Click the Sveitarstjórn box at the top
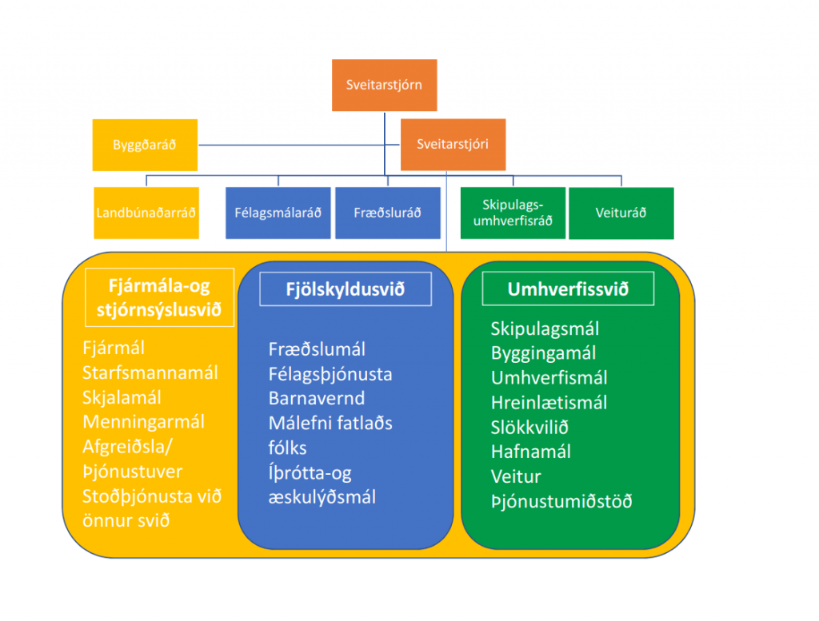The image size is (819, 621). (384, 85)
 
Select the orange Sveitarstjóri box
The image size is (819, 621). (452, 145)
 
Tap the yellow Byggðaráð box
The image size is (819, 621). (145, 145)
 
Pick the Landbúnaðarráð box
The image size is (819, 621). (146, 213)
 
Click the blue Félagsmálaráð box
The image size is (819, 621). (278, 213)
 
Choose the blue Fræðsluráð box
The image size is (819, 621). (387, 213)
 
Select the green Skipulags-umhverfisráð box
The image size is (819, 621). (513, 213)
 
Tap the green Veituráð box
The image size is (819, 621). (621, 213)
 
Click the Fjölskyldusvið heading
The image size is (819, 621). (345, 289)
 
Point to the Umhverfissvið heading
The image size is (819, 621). (568, 289)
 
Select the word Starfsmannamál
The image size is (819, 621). (150, 373)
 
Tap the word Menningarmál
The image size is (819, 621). (143, 422)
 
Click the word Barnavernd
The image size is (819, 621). (317, 399)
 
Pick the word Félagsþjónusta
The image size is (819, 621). (330, 374)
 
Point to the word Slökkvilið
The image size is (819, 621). (529, 427)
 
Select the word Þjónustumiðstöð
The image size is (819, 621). (561, 501)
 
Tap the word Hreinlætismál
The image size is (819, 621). (549, 402)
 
